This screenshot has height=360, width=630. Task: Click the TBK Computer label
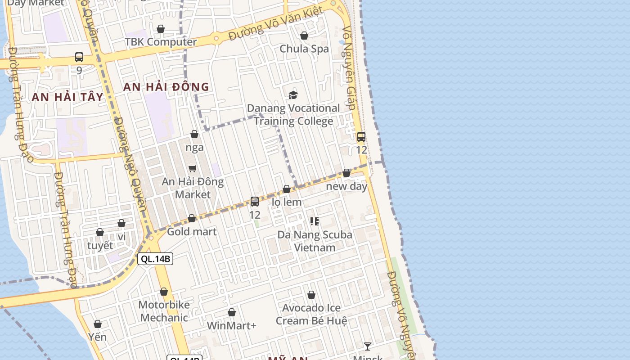point(161,42)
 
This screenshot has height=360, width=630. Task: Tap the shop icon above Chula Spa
point(304,36)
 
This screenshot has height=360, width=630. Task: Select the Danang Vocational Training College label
point(293,114)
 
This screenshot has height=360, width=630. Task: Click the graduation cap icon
point(293,95)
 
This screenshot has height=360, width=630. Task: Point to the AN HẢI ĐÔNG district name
point(166,87)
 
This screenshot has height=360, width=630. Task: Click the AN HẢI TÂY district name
point(67,97)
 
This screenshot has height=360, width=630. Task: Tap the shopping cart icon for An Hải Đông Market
point(193,169)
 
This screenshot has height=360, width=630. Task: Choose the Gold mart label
point(192,232)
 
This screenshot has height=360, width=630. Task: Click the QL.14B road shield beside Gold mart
point(155,259)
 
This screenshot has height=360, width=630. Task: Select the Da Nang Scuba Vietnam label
point(315,241)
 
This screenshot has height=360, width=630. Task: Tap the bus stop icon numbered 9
point(79,57)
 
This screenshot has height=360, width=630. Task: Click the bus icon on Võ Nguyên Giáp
point(361,137)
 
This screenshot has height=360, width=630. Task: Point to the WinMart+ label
point(231,325)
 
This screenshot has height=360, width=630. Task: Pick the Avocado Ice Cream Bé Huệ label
point(311,314)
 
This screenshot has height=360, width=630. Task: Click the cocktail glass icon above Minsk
point(368,346)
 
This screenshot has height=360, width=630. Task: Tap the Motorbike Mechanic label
point(164,311)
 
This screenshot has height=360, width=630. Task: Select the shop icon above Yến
point(98,324)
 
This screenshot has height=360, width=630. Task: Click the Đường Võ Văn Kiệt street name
point(275,24)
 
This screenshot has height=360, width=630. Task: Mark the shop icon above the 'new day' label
point(346,173)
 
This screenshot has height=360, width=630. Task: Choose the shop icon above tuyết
point(100,232)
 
